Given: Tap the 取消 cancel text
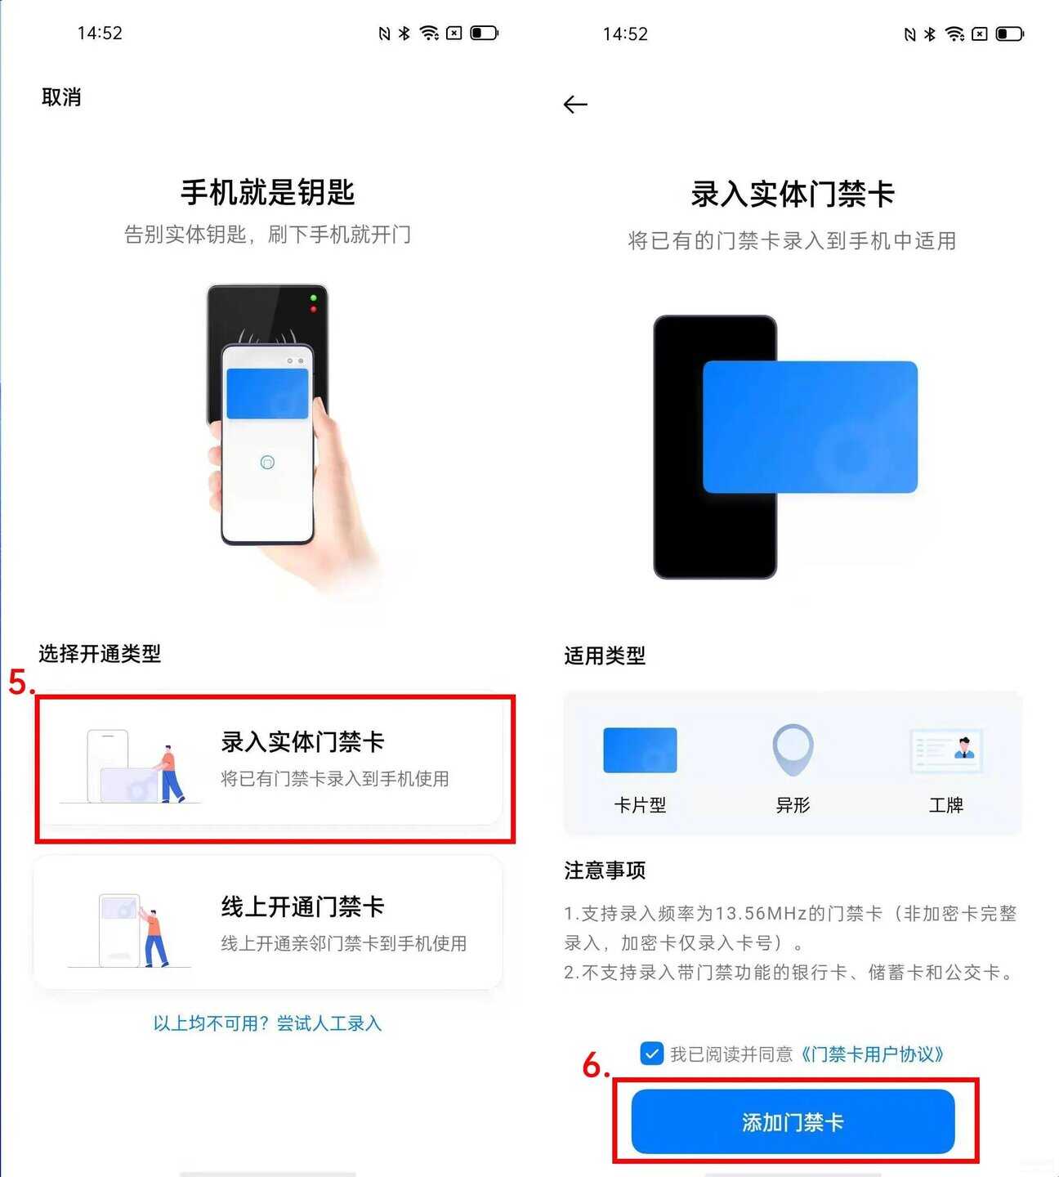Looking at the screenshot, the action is pyautogui.click(x=61, y=97).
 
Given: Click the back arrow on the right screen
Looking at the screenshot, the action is pyautogui.click(x=575, y=105).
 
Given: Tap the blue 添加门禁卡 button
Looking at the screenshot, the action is pyautogui.click(x=793, y=1121).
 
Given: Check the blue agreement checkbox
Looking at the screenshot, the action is pyautogui.click(x=652, y=1054).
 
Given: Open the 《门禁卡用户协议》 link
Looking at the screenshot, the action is pyautogui.click(x=872, y=1054).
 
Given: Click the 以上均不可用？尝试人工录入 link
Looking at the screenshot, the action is pyautogui.click(x=267, y=1023).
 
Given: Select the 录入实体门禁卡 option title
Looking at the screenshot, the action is pyautogui.click(x=302, y=741).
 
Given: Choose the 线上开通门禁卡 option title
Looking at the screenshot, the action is pyautogui.click(x=302, y=906).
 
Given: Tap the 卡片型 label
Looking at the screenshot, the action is pyautogui.click(x=640, y=804).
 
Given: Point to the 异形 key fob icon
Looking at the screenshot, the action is pyautogui.click(x=793, y=750).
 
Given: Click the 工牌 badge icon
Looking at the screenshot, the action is pyautogui.click(x=945, y=751).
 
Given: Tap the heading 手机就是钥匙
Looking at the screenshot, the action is pyautogui.click(x=267, y=192).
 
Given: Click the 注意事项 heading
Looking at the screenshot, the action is pyautogui.click(x=605, y=870).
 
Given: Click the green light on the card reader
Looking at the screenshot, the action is pyautogui.click(x=313, y=298).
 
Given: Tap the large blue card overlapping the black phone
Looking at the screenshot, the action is pyautogui.click(x=811, y=427).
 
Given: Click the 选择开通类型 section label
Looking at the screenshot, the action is pyautogui.click(x=100, y=653).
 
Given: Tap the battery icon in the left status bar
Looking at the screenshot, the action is pyautogui.click(x=484, y=33).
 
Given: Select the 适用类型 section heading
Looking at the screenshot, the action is pyautogui.click(x=605, y=656).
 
